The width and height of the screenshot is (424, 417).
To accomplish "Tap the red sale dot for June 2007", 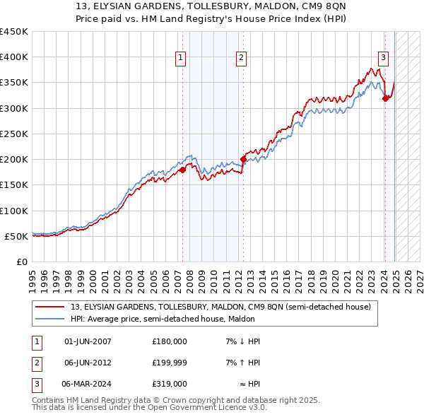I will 182,170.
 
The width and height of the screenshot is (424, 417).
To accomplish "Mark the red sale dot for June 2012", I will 243,160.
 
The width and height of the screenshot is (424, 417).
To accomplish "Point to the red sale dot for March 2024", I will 385,99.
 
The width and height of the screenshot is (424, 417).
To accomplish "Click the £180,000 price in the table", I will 170,341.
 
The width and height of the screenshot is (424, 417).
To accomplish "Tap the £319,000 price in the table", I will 170,384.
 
